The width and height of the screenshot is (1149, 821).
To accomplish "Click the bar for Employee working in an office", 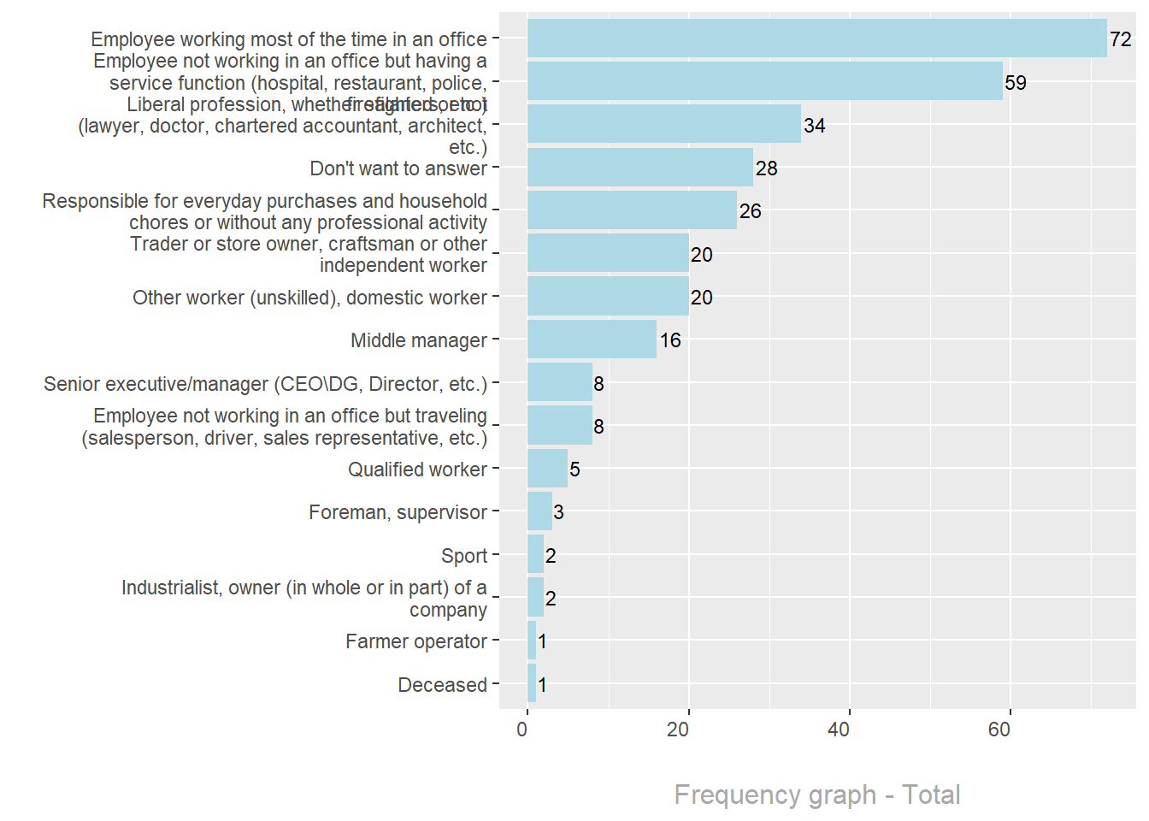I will pyautogui.click(x=816, y=38).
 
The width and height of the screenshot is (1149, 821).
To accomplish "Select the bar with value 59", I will pyautogui.click(x=764, y=81).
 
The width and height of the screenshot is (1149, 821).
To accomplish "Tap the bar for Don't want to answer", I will pyautogui.click(x=639, y=168).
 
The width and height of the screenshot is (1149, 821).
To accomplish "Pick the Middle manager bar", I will pyautogui.click(x=592, y=340).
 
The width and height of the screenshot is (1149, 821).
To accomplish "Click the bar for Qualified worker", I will pyautogui.click(x=547, y=469).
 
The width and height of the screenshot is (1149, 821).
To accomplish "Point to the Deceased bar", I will pyautogui.click(x=532, y=683).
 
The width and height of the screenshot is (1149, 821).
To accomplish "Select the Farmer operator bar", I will pyautogui.click(x=532, y=641).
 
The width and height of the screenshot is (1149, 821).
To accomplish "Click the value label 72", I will pyautogui.click(x=1120, y=39).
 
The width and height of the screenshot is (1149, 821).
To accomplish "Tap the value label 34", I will pyautogui.click(x=814, y=126).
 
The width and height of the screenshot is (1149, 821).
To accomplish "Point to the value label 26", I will pyautogui.click(x=750, y=211).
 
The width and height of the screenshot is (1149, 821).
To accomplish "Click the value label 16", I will pyautogui.click(x=670, y=340).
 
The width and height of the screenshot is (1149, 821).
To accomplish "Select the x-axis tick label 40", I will pyautogui.click(x=839, y=729).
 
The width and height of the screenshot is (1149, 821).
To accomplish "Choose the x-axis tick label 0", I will pyautogui.click(x=522, y=729).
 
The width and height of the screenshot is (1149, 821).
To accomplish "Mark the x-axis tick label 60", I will pyautogui.click(x=999, y=729).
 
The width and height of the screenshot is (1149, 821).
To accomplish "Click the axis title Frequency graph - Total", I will pyautogui.click(x=816, y=794).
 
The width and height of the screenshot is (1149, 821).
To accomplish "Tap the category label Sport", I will pyautogui.click(x=464, y=556).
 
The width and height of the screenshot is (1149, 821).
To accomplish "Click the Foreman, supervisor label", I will pyautogui.click(x=398, y=512).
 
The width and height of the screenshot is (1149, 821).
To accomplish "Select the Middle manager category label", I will pyautogui.click(x=418, y=340).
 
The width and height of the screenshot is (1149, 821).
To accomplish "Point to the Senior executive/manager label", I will pyautogui.click(x=265, y=384).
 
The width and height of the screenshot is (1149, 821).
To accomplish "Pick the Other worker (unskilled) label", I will pyautogui.click(x=309, y=298).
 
